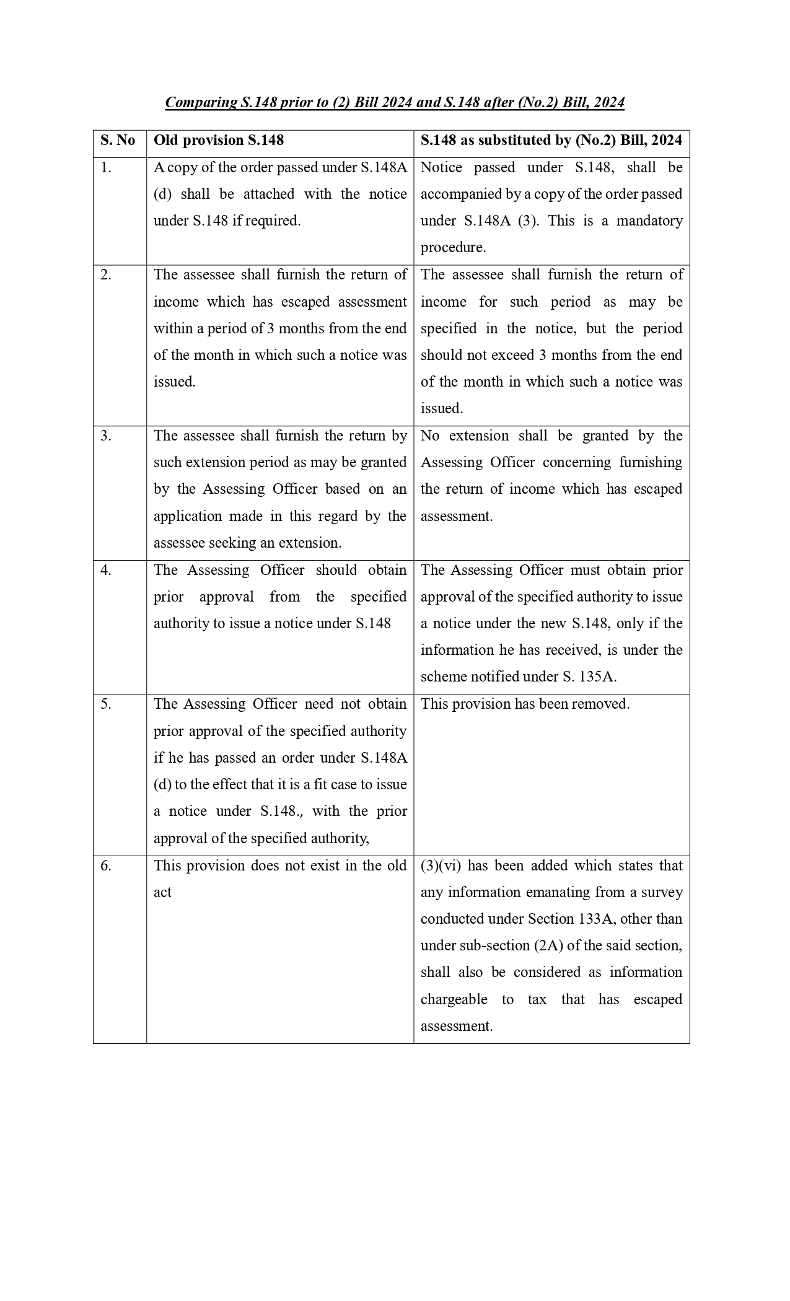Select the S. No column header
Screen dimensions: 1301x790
118,141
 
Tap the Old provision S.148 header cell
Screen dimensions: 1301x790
219,141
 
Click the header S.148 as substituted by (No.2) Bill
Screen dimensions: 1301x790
551,141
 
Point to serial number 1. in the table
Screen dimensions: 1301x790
106,168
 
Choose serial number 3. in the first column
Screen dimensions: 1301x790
106,436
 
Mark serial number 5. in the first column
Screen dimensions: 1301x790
106,704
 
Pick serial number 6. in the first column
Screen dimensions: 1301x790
106,866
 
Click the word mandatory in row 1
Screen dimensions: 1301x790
649,221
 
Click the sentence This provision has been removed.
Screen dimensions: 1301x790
525,704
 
